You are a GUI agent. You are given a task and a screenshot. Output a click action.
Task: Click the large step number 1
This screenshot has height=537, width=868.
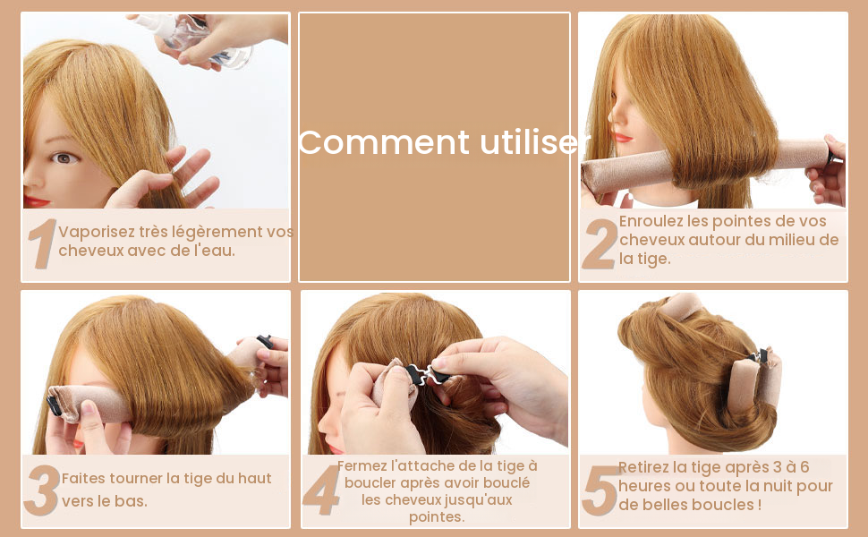pos(42,243)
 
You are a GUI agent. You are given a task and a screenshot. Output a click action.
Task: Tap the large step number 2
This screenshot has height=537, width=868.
pos(600,244)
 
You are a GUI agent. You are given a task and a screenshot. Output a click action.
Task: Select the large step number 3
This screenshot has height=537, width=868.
pos(42,490)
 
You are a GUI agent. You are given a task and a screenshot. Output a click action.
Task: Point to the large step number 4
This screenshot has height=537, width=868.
pos(321,490)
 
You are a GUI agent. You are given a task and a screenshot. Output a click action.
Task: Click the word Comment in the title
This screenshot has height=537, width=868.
pos(384,142)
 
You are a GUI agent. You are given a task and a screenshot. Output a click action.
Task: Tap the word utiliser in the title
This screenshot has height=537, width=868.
pos(535,142)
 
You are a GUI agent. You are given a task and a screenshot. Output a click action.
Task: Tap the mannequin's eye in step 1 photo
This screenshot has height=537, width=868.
pos(64,158)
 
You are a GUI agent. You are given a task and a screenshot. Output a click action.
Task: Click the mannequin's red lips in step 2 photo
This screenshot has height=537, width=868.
pos(624,137)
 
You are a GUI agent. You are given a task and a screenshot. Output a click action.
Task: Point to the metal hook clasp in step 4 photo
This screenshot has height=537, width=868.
pos(426,374)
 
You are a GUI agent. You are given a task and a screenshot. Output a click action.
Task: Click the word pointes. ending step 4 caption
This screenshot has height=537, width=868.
pos(437,517)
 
